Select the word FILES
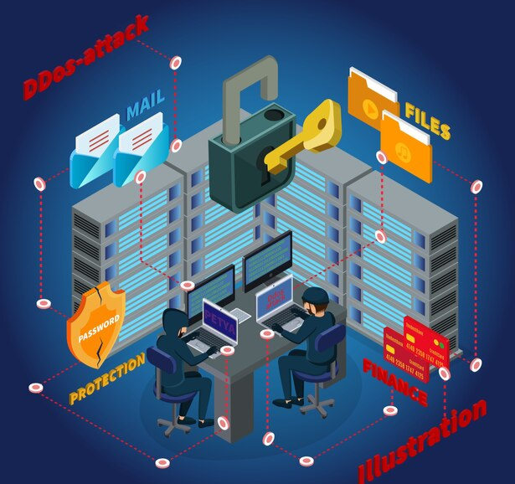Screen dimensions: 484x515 tap(428, 121)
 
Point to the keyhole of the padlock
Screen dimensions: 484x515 tap(265, 171)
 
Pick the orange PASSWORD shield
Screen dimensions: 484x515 tap(95, 322)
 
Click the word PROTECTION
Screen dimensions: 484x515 tap(108, 379)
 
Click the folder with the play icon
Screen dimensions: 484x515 tap(373, 104)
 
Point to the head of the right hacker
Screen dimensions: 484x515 tap(313, 298)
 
